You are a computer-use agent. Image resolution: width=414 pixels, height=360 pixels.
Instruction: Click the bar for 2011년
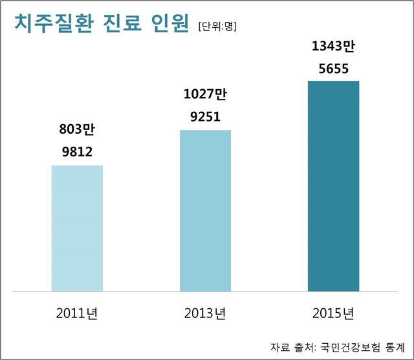[77, 228]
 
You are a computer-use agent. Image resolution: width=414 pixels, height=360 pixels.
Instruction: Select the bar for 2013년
[205, 210]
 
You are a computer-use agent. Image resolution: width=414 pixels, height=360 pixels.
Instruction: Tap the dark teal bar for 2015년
[333, 185]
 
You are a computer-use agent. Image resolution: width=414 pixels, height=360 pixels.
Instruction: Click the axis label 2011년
[77, 315]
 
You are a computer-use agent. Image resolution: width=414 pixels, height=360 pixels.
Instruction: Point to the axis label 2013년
[205, 315]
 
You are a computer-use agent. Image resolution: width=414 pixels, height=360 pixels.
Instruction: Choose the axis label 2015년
[332, 315]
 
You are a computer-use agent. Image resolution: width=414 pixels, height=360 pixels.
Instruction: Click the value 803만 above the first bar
[77, 128]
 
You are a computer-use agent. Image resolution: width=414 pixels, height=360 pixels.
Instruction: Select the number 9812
[77, 152]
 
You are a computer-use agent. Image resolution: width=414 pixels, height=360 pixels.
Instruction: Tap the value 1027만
[205, 94]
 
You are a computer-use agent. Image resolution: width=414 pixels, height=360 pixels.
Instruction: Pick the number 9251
[205, 117]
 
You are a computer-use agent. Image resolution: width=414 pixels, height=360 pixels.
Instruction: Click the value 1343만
[333, 46]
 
